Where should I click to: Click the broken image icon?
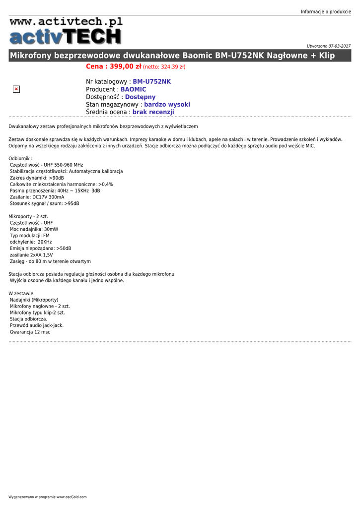tap(16, 89)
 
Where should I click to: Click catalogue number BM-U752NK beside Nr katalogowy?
tap(151, 81)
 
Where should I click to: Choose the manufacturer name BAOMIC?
tap(134, 89)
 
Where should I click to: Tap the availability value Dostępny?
tap(140, 97)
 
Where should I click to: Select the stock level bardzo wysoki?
tap(167, 105)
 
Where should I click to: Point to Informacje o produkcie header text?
tap(326, 12)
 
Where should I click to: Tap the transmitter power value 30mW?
tap(51, 229)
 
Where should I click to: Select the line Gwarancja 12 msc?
tap(30, 332)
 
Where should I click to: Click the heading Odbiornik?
tap(20, 158)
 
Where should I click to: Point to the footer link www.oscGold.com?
tap(72, 497)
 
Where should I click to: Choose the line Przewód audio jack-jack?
tap(37, 325)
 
